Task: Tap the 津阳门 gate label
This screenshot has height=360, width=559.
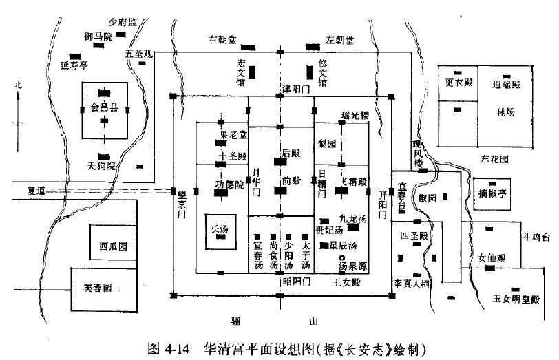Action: (297, 89)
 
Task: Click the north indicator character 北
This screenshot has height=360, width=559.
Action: (18, 85)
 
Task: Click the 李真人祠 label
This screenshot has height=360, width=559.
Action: (411, 284)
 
